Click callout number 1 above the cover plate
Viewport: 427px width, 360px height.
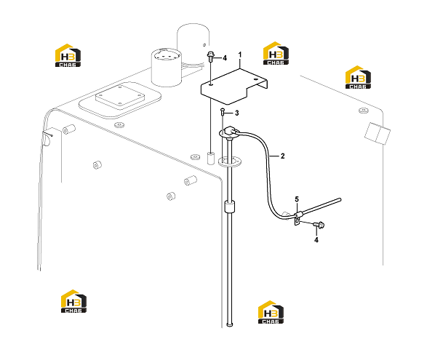click(x=240, y=55)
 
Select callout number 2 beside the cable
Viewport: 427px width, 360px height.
click(x=282, y=156)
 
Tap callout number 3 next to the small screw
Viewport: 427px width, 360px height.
click(x=236, y=113)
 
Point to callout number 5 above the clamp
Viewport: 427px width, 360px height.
click(x=297, y=199)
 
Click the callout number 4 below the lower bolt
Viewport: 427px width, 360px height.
click(x=316, y=240)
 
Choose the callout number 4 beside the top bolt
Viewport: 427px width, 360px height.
click(x=225, y=58)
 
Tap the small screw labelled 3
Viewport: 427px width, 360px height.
click(x=223, y=111)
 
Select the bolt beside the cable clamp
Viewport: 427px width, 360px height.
click(x=319, y=225)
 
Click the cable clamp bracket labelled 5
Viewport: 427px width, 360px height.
click(x=298, y=217)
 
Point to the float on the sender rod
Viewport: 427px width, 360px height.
click(x=229, y=206)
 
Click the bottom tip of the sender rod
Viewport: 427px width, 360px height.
click(x=230, y=324)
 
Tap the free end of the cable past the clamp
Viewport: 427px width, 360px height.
click(x=339, y=200)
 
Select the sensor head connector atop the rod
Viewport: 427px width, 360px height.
click(x=231, y=131)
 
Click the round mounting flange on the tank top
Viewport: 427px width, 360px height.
click(x=230, y=161)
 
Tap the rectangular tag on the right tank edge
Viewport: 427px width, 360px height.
click(x=377, y=133)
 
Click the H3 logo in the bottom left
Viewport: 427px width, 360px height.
click(x=73, y=301)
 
